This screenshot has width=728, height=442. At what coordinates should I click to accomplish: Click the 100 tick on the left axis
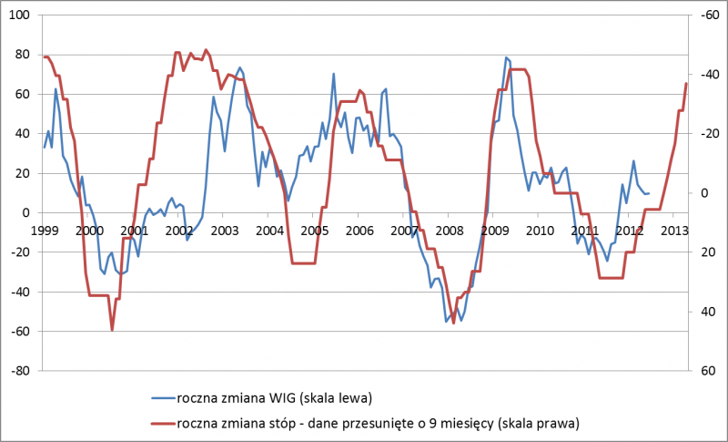(x=20, y=15)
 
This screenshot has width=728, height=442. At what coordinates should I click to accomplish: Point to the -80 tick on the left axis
(x=20, y=372)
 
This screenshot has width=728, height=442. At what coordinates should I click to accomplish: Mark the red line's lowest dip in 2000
(x=112, y=330)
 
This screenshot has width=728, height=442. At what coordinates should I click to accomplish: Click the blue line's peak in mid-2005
(x=334, y=74)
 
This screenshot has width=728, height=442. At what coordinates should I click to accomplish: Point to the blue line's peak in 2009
(x=506, y=57)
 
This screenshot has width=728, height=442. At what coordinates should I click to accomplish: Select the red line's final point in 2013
(x=686, y=84)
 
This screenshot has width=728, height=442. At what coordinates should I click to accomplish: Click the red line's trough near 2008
(x=453, y=322)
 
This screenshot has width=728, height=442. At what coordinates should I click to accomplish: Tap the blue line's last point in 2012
(x=649, y=192)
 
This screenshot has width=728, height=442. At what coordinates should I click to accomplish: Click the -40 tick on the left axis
(x=20, y=293)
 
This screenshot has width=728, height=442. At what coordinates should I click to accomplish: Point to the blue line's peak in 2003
(x=240, y=67)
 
